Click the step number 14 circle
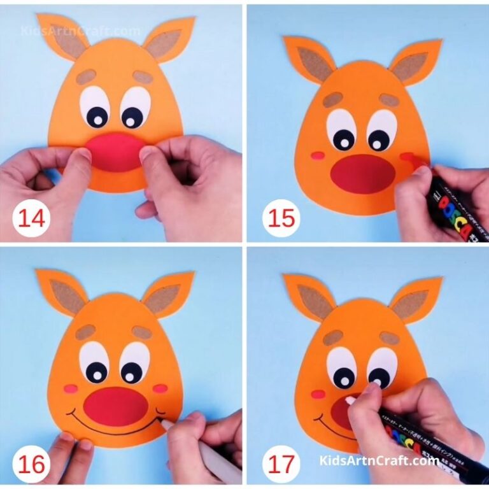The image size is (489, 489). point(31,218)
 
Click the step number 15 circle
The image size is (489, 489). point(281,218)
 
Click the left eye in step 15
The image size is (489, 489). point(341,131)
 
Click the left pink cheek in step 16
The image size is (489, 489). point(71,388)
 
